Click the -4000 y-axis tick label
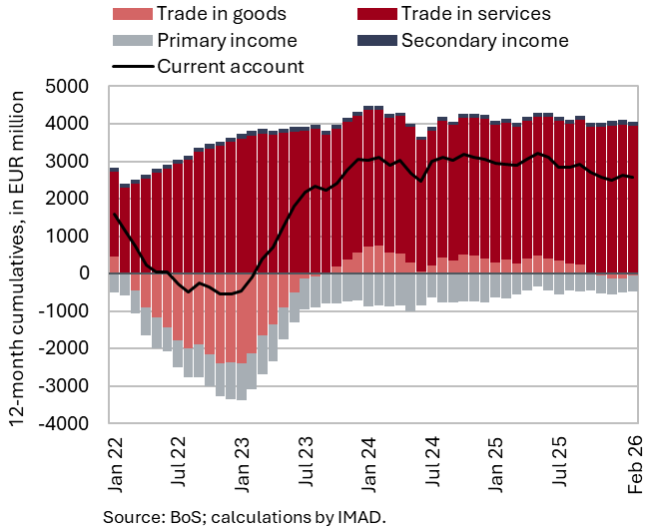coord(65,424)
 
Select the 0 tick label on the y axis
coord(84,273)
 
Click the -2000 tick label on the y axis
coord(65,348)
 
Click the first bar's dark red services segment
coord(114,214)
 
